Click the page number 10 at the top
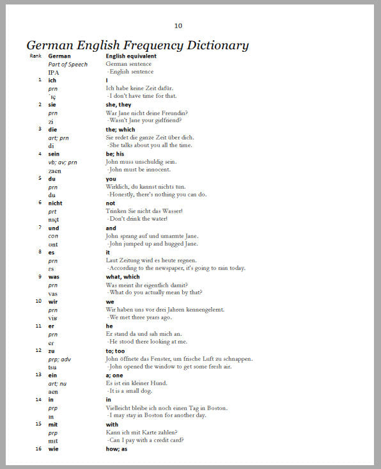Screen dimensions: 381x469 (x=178, y=26)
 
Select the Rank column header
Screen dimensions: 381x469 (x=35, y=56)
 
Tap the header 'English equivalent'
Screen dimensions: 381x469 (x=131, y=56)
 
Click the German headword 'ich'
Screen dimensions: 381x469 (x=52, y=80)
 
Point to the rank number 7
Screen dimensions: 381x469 (x=40, y=227)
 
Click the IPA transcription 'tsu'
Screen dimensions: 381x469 (x=52, y=367)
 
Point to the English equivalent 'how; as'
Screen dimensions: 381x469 (x=117, y=449)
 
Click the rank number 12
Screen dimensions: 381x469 (x=39, y=350)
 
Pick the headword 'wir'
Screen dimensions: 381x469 (x=53, y=301)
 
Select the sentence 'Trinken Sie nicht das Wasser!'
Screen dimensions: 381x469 (x=144, y=211)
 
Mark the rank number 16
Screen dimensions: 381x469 (x=39, y=449)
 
